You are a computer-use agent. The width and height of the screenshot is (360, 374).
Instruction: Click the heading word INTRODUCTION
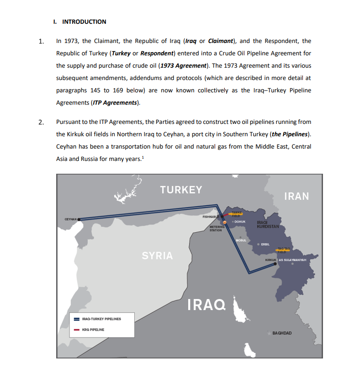click(x=84, y=21)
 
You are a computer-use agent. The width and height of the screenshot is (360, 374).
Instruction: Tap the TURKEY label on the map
click(x=181, y=190)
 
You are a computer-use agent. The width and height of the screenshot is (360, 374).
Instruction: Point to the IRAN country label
click(x=296, y=196)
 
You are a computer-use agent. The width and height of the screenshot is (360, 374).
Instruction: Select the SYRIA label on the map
click(x=157, y=256)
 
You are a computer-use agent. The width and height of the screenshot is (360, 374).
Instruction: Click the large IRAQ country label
click(x=206, y=304)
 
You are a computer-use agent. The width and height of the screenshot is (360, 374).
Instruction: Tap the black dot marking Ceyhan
click(x=79, y=219)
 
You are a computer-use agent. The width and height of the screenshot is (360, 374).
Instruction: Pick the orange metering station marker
click(x=225, y=223)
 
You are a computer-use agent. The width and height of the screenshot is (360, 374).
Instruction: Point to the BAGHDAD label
click(x=282, y=333)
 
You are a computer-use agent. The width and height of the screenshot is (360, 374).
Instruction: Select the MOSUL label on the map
click(x=241, y=240)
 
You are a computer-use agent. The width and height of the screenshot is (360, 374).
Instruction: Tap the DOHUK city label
click(x=240, y=222)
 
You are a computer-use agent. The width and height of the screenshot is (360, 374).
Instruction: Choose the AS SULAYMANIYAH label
click(x=292, y=260)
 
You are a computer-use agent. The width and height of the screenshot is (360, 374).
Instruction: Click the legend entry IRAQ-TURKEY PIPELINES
click(x=101, y=319)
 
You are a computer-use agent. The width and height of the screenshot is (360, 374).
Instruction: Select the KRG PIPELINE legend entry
click(x=93, y=330)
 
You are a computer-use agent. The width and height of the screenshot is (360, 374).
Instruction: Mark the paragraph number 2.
click(x=42, y=123)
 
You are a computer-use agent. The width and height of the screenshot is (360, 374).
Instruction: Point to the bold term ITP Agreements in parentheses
click(x=115, y=102)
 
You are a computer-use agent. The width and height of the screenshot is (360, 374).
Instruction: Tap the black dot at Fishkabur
click(x=223, y=216)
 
